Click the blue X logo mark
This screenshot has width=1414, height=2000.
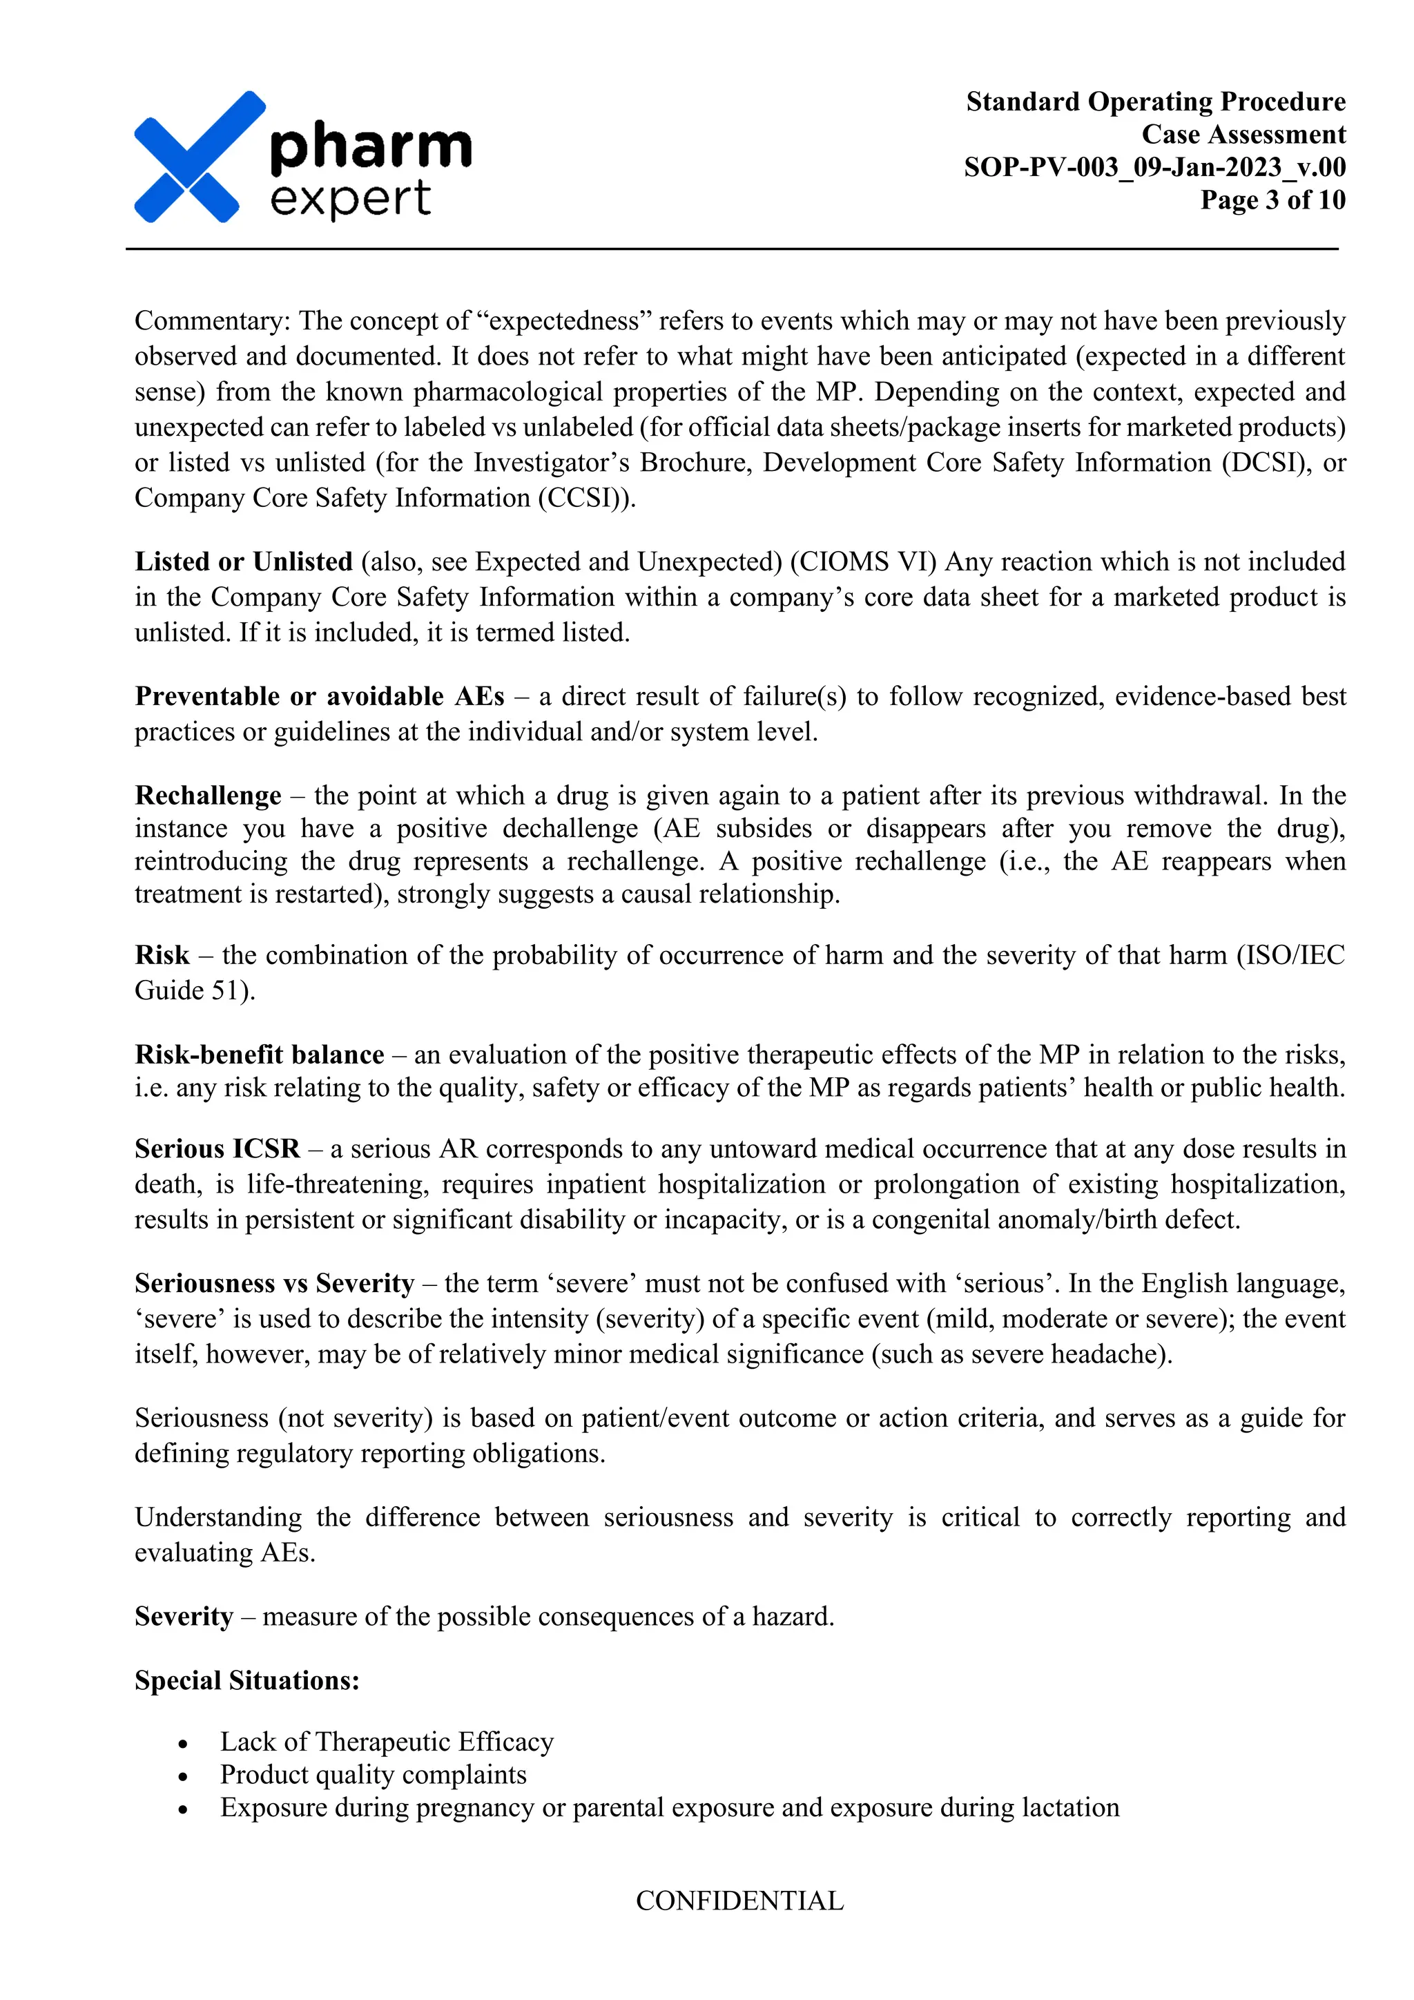point(199,157)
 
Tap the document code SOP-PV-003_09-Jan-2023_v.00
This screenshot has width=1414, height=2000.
point(1154,167)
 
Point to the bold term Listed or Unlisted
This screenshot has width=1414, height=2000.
point(243,562)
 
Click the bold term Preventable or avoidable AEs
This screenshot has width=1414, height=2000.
point(319,697)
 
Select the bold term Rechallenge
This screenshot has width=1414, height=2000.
point(207,796)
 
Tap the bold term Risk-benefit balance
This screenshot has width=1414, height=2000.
point(259,1055)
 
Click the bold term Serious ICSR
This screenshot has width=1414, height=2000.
point(217,1149)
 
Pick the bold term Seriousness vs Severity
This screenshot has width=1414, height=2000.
point(274,1284)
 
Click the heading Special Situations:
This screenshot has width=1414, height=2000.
point(246,1680)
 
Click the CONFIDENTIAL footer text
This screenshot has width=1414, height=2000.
point(739,1901)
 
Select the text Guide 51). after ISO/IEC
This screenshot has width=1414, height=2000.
point(194,990)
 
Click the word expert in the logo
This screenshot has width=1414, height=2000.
point(350,200)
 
